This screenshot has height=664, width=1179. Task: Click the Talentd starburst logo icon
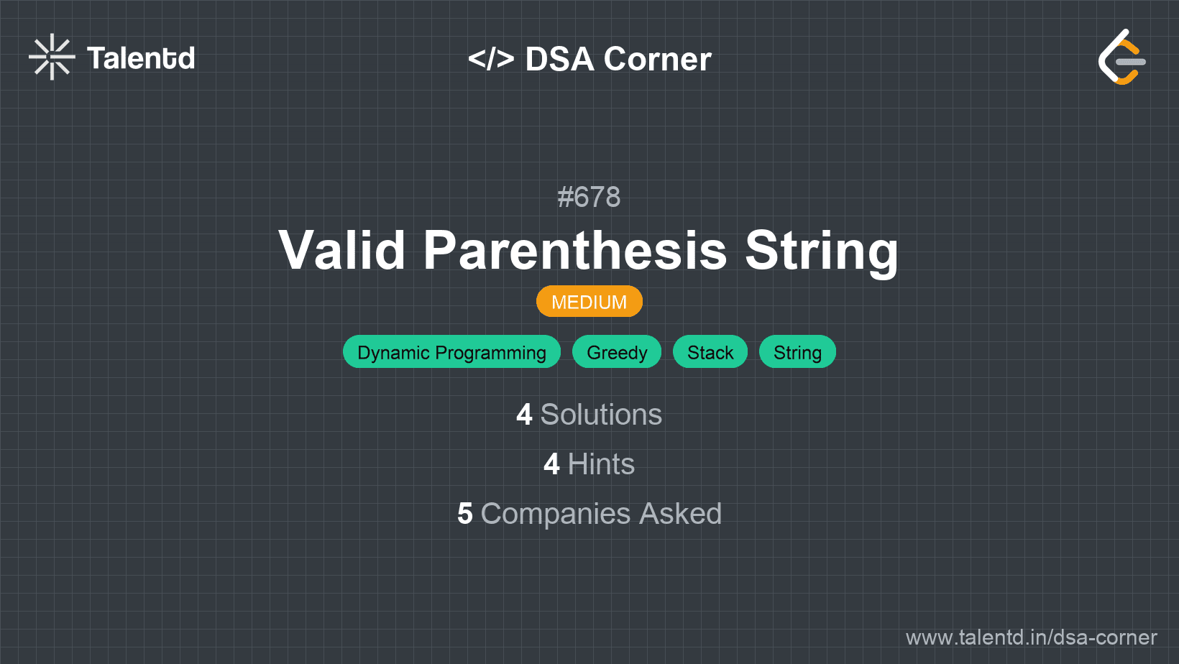tap(52, 57)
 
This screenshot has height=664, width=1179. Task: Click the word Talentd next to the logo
tap(141, 58)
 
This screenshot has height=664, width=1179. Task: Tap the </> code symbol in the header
tap(491, 59)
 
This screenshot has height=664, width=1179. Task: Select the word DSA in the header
tap(559, 59)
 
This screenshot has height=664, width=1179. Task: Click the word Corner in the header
tap(657, 59)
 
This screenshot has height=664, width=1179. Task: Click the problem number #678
tap(589, 198)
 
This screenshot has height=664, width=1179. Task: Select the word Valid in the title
tap(341, 250)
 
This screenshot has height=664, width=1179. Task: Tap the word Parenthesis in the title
tap(575, 250)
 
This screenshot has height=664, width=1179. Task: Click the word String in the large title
tap(822, 252)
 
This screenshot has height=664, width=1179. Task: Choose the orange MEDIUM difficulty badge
tap(589, 302)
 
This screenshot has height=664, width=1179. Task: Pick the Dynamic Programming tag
tap(451, 352)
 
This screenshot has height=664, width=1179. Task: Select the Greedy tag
tap(617, 352)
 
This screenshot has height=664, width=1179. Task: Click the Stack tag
tap(710, 352)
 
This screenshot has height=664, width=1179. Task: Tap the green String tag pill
tap(797, 352)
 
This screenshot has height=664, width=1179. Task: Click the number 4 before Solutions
tap(524, 415)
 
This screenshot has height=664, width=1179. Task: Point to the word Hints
tap(601, 464)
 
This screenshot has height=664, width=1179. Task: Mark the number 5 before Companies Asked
tap(465, 514)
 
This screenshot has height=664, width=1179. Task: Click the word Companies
tap(556, 515)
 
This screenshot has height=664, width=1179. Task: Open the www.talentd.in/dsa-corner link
tap(1031, 637)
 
